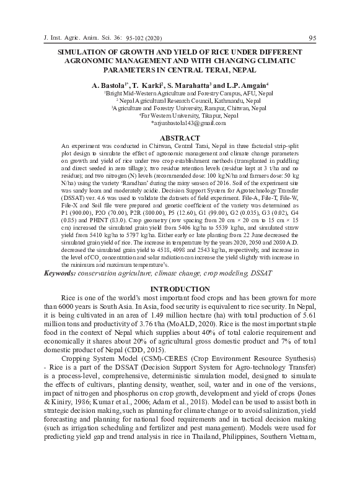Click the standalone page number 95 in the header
pos(312,38)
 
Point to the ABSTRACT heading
pos(180,137)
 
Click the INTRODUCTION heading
pos(180,289)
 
